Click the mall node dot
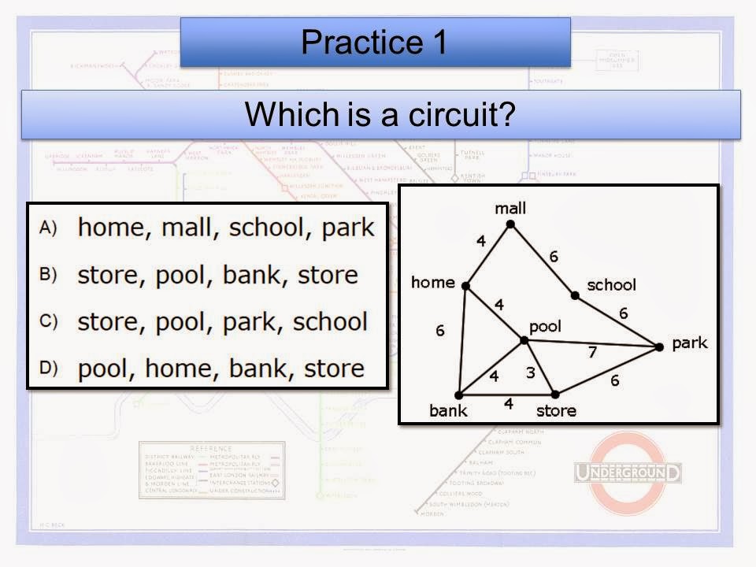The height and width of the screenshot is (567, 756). point(510,225)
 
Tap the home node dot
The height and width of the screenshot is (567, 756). point(465,286)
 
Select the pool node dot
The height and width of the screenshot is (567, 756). point(524,340)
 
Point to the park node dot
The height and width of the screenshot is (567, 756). point(659,346)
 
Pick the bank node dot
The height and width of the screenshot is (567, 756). point(458,395)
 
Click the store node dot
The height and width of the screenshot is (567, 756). point(554,394)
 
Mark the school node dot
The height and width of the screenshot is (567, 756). point(575,295)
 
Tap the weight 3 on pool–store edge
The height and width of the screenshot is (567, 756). point(530,372)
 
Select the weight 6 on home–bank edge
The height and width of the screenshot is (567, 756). point(440,332)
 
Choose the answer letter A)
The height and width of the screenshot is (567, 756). point(48,228)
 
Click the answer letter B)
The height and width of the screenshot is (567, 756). point(48,275)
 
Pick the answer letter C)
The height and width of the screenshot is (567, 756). point(48,321)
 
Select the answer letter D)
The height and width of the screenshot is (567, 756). point(48,369)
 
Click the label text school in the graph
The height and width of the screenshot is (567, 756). point(612,284)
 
